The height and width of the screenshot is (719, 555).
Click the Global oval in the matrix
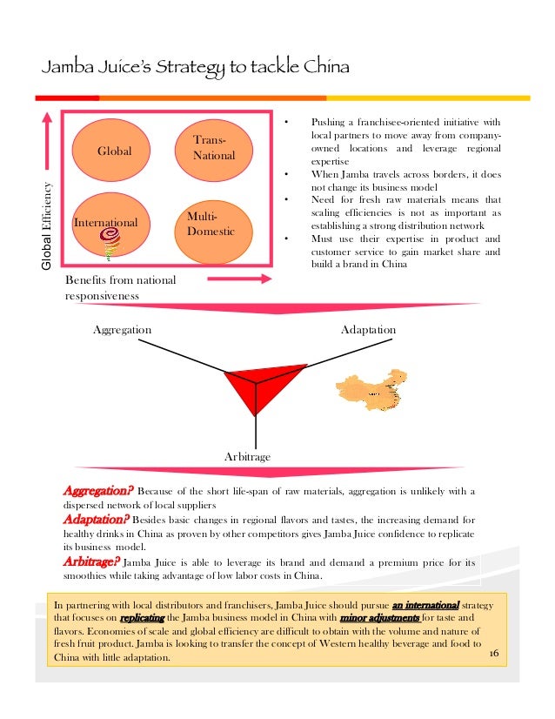(115, 151)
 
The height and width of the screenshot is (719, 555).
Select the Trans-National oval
(212, 147)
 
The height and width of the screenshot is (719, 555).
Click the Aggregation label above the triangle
(122, 331)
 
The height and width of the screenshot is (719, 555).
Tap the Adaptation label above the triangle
(368, 331)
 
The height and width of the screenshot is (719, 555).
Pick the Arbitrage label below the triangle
(248, 456)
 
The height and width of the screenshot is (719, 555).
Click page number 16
(495, 653)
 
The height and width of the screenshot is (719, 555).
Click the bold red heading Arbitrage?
(90, 561)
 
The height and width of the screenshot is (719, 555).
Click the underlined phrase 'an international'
(425, 604)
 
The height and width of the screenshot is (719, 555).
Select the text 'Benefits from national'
(120, 280)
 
